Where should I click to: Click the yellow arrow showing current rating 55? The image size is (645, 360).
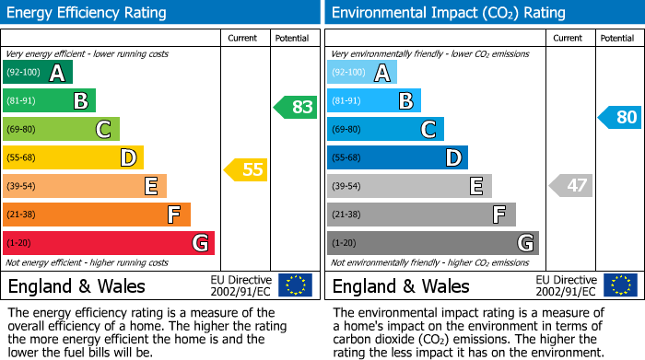point(246,169)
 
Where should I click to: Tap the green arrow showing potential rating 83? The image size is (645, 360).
point(296,107)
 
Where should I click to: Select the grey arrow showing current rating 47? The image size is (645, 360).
point(570,186)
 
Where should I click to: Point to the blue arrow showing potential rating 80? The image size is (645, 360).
point(619,117)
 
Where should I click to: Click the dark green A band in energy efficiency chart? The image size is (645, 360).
point(37,73)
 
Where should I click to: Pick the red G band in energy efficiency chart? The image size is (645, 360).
point(108,243)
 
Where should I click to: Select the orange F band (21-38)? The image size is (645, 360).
point(96,215)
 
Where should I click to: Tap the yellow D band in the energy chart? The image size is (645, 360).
point(73,157)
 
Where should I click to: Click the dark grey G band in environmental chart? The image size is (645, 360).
point(432,243)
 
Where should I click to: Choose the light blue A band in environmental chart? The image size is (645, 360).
point(362,73)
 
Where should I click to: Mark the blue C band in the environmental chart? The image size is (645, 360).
point(385,129)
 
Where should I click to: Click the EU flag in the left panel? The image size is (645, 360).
point(295,285)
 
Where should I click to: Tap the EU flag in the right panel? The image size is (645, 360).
point(619,285)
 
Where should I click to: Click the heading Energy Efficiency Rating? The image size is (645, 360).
point(88,13)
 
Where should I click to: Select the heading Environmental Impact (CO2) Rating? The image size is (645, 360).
point(448,13)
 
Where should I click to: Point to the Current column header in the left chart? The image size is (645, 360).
point(243,38)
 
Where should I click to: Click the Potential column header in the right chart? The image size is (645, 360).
point(617,38)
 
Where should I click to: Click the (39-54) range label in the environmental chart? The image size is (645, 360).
point(347,186)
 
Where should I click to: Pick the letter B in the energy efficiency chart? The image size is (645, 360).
point(80,101)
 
